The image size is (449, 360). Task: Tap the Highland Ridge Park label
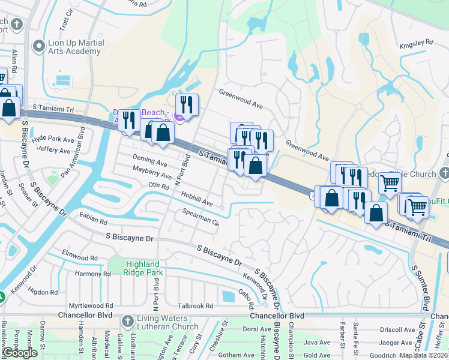tap(143, 268)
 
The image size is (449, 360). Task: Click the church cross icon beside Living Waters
tap(127, 322)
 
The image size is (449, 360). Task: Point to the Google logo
tap(20, 353)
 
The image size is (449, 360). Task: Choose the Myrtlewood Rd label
tap(91, 305)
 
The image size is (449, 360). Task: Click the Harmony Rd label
tap(93, 274)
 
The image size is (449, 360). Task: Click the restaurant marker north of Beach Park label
tap(188, 104)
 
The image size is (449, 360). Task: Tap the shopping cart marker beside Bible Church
tap(390, 184)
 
